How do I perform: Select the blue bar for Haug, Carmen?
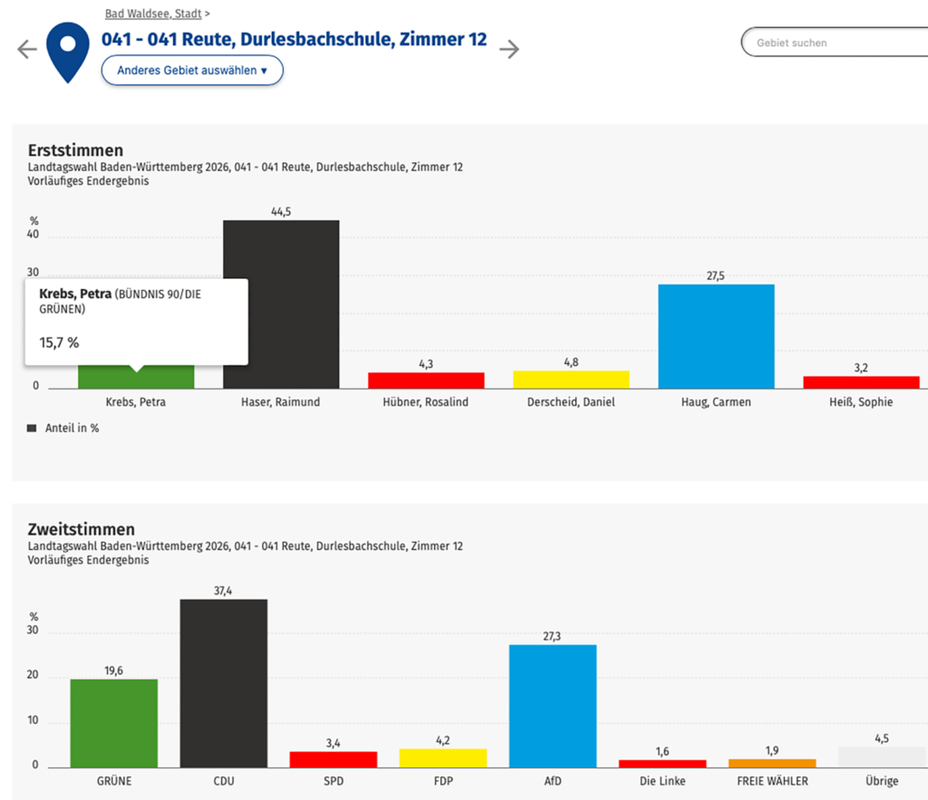coord(716,336)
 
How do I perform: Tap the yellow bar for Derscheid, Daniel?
coord(571,380)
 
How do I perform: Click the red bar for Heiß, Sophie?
coord(861,382)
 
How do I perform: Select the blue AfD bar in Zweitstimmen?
coord(553,706)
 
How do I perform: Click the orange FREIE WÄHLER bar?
coord(772,763)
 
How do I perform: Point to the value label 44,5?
coord(281,212)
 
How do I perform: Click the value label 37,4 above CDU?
coord(224,591)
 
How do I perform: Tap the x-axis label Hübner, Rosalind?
coord(426,402)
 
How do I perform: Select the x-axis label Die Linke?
coord(662,781)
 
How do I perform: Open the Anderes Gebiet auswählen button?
coord(192,70)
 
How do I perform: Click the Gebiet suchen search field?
coord(834,43)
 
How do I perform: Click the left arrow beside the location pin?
coord(27,49)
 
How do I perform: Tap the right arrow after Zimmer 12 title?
coord(510,49)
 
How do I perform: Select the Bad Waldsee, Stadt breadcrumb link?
coord(153,14)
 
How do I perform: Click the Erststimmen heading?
coord(75,150)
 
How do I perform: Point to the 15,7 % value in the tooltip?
coord(59,342)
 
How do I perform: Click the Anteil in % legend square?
coord(33,429)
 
